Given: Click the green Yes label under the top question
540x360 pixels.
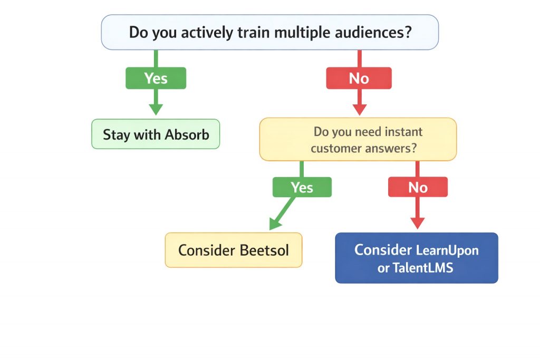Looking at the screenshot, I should [156, 78].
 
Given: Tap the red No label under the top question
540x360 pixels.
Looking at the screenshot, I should [359, 78].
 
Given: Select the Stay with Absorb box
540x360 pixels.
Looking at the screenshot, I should [156, 134].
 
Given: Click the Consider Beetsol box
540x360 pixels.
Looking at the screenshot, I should [234, 249].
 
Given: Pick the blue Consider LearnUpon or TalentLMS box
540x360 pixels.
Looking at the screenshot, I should [416, 258].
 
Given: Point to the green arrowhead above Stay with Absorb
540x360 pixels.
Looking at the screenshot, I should [156, 109].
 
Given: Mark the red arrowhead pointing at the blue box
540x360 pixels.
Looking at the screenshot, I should [417, 222].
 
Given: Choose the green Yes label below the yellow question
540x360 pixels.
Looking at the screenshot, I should [302, 187].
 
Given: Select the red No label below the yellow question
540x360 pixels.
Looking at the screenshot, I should [418, 187].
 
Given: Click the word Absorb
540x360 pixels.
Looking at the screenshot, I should [187, 134].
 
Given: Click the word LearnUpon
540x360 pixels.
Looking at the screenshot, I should [447, 249].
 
